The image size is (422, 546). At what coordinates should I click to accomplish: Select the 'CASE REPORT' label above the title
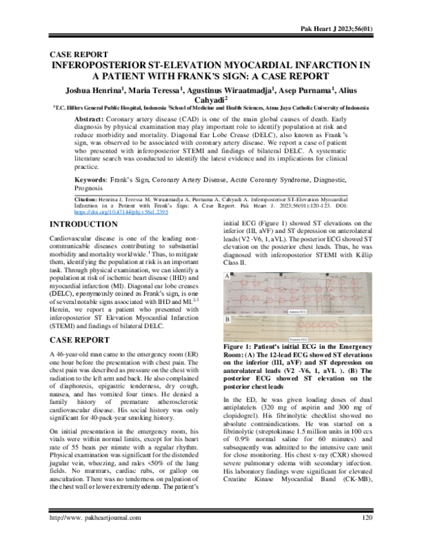[x=77, y=54]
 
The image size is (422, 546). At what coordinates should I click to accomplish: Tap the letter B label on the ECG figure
[x=226, y=319]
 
